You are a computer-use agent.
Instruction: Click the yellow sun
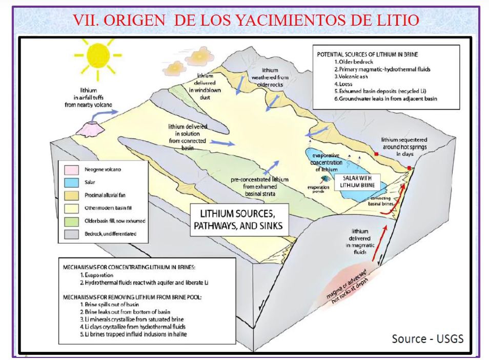(x=95, y=57)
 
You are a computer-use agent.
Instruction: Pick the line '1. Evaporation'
(x=94, y=275)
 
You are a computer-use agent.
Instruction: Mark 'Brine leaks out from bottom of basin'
(x=123, y=312)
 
